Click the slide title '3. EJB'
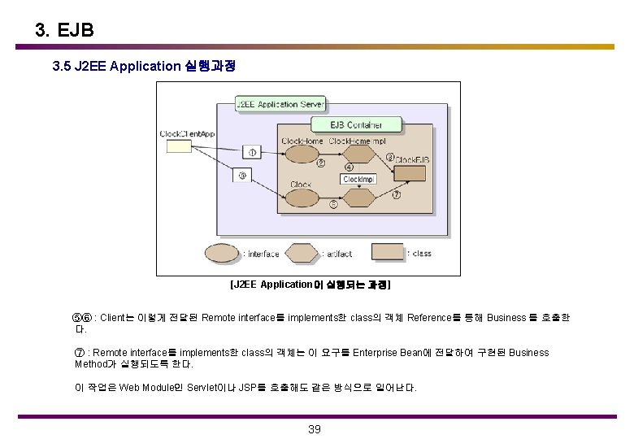click(65, 30)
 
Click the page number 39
click(315, 429)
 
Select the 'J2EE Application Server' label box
click(279, 104)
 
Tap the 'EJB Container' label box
click(358, 124)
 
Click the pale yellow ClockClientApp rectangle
click(178, 146)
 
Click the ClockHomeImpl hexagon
click(355, 155)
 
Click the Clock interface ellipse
click(302, 198)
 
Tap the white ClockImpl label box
click(358, 179)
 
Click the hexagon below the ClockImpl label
click(358, 199)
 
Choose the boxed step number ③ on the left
click(241, 174)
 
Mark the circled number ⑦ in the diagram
click(396, 195)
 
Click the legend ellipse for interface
click(221, 254)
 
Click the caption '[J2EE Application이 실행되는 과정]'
click(310, 285)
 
